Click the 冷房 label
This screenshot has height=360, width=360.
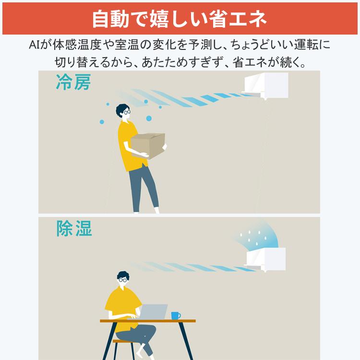click(x=73, y=83)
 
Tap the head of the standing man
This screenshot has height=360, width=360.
click(x=123, y=112)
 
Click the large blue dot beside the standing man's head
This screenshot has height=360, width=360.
click(x=149, y=118)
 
